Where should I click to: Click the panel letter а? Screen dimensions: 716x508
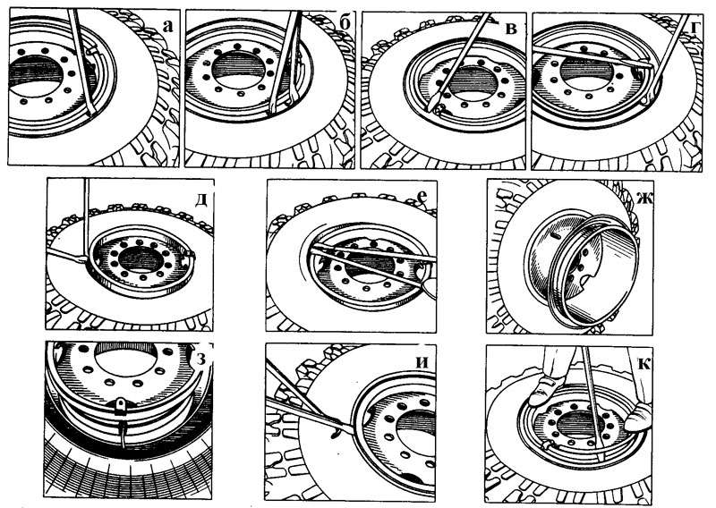[168, 27]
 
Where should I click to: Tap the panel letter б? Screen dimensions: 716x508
[345, 23]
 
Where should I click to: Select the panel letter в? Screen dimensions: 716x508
[511, 29]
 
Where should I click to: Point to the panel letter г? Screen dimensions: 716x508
[695, 28]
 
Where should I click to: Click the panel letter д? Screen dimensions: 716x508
[200, 200]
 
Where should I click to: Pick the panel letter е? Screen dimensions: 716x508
[422, 196]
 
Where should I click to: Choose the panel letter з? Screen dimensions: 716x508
[200, 360]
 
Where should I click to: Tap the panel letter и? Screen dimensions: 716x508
[422, 362]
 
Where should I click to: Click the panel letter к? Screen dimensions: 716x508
[644, 364]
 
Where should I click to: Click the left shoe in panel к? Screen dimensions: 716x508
[543, 391]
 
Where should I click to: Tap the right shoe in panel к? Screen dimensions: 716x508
[638, 417]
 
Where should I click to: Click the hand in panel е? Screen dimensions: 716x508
[430, 289]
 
